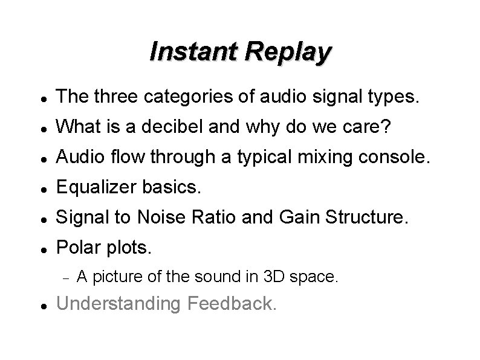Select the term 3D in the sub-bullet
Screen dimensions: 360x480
click(x=275, y=277)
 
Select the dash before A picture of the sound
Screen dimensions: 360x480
click(x=66, y=278)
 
